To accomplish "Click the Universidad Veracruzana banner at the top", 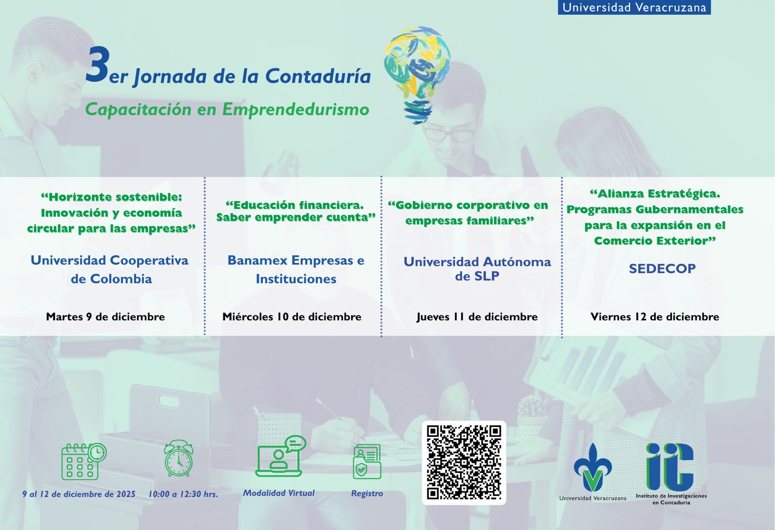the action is (634, 7).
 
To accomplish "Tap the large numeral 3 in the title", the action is (98, 65).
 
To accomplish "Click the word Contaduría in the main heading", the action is (318, 76).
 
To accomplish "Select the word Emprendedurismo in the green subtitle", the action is (295, 109).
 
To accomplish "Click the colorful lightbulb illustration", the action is (417, 75).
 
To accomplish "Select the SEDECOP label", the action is (662, 268).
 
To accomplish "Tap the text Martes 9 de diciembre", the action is (106, 316).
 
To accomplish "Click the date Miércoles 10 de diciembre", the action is (292, 316).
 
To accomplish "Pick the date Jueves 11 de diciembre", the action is (477, 317).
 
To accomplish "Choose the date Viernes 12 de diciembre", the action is (654, 316).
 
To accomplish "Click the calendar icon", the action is (84, 461).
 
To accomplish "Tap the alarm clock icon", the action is (179, 459).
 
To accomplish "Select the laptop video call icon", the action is (280, 456).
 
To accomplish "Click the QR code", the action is (464, 463).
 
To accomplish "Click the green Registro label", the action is (367, 493).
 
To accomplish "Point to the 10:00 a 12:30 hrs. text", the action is (184, 494).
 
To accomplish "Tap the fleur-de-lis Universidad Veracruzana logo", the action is (593, 467).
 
